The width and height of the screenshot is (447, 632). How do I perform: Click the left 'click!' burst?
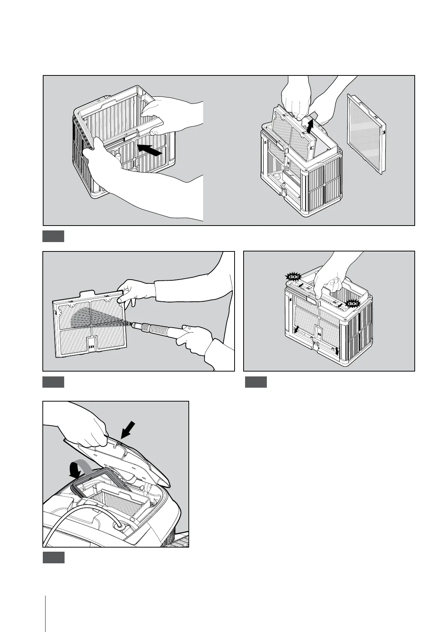293,277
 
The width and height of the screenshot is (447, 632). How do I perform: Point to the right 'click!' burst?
353,303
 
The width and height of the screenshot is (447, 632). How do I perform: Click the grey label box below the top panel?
53,236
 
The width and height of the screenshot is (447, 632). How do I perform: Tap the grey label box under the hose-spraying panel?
53,382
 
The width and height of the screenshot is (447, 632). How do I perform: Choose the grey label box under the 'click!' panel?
256,382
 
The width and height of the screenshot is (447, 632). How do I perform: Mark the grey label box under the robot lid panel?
53,557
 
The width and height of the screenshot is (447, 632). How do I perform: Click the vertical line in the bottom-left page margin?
45,600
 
